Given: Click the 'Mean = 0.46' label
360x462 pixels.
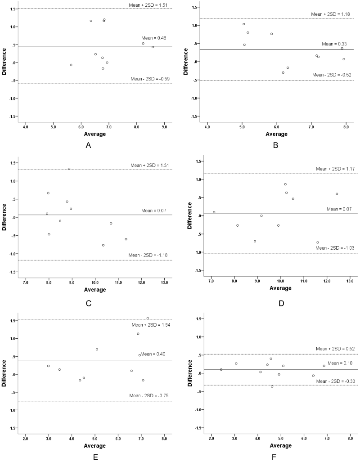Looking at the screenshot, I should (x=156, y=42).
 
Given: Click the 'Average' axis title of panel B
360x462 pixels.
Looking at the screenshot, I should (x=277, y=133).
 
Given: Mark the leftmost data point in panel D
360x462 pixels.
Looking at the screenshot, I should (x=214, y=212).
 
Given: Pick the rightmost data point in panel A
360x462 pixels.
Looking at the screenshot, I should (x=153, y=47).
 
